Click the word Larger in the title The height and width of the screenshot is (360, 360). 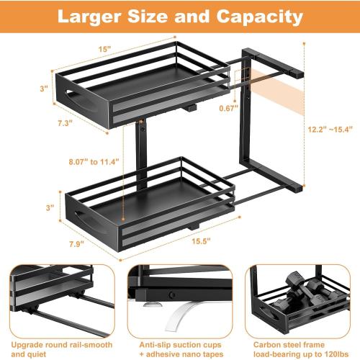[92, 16]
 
